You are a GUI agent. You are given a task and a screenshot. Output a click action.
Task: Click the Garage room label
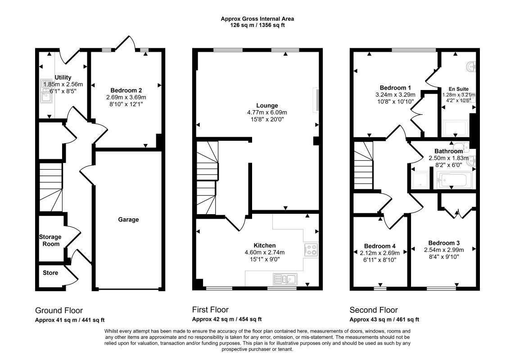click(128, 220)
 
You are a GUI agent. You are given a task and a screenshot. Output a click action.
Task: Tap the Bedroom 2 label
click(126, 90)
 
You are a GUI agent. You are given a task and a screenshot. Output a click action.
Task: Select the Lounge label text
click(267, 105)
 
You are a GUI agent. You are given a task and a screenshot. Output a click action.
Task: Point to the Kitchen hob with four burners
click(312, 250)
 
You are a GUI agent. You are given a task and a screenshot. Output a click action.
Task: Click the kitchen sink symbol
click(285, 279)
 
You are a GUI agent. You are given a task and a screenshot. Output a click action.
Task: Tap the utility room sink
click(45, 91)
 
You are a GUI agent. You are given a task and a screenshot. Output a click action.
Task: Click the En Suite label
click(459, 89)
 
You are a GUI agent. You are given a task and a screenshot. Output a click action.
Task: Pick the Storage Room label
click(50, 240)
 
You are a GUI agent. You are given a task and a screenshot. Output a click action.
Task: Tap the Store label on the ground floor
click(50, 273)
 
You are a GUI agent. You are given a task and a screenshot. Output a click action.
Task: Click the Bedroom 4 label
click(379, 246)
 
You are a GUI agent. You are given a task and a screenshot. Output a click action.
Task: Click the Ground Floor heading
click(59, 310)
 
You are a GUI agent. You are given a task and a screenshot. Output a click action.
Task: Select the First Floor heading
click(210, 310)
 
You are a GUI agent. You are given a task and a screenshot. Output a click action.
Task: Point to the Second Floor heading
click(374, 310)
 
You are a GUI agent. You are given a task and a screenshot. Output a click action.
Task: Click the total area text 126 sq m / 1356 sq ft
click(257, 25)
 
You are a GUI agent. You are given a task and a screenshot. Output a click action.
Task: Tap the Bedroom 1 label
click(395, 88)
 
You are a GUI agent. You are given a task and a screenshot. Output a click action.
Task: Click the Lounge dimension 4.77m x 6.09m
click(267, 112)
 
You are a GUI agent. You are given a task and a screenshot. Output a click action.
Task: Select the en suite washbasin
click(471, 67)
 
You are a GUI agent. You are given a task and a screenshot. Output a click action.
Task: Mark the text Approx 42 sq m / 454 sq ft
click(226, 319)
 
